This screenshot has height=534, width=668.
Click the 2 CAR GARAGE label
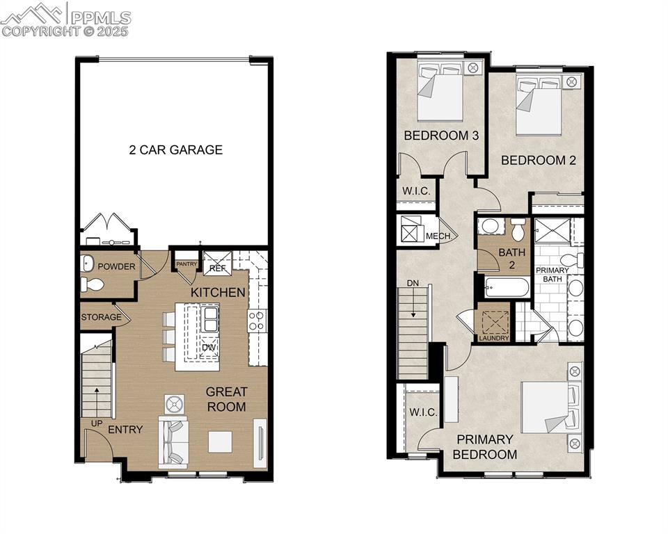(x=175, y=149)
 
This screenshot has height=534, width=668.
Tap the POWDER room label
(x=116, y=266)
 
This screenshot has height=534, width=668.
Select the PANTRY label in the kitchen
(x=186, y=264)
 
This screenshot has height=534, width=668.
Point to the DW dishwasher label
(x=209, y=347)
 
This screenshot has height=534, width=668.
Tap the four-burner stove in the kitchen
(x=256, y=320)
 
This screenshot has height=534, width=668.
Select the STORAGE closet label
(x=102, y=318)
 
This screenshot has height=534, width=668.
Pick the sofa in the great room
(x=173, y=442)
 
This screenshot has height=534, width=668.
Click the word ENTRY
(x=125, y=430)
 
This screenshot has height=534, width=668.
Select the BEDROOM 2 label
(x=538, y=160)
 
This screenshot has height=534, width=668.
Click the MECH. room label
(x=438, y=236)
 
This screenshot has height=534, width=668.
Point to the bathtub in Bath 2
(x=507, y=287)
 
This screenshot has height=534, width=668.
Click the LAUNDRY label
(x=494, y=338)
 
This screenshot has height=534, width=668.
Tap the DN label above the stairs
(x=413, y=284)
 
